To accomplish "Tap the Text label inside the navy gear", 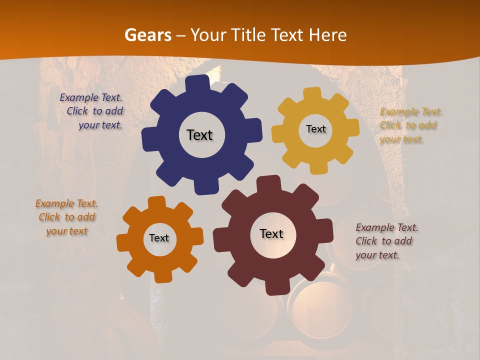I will click(x=199, y=135).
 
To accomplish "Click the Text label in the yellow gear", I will click(x=315, y=129).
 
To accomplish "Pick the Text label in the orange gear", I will click(x=159, y=238).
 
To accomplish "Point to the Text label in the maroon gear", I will click(x=271, y=233).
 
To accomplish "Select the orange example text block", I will click(x=66, y=217).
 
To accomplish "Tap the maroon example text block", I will click(x=386, y=241).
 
